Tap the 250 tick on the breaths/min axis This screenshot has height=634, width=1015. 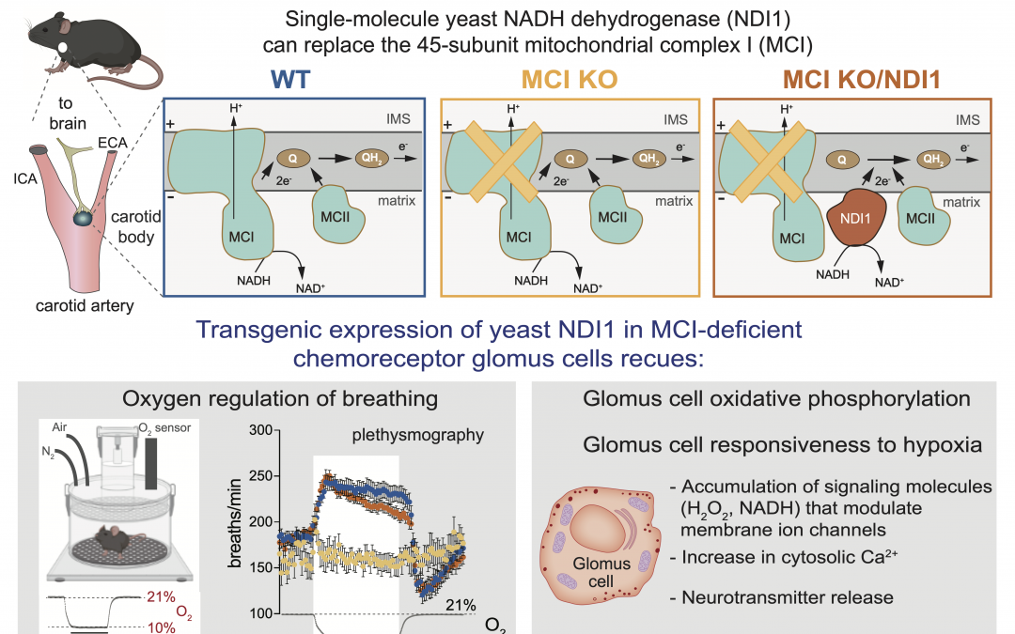click(x=279, y=476)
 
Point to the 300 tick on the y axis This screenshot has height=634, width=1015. click(x=279, y=430)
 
